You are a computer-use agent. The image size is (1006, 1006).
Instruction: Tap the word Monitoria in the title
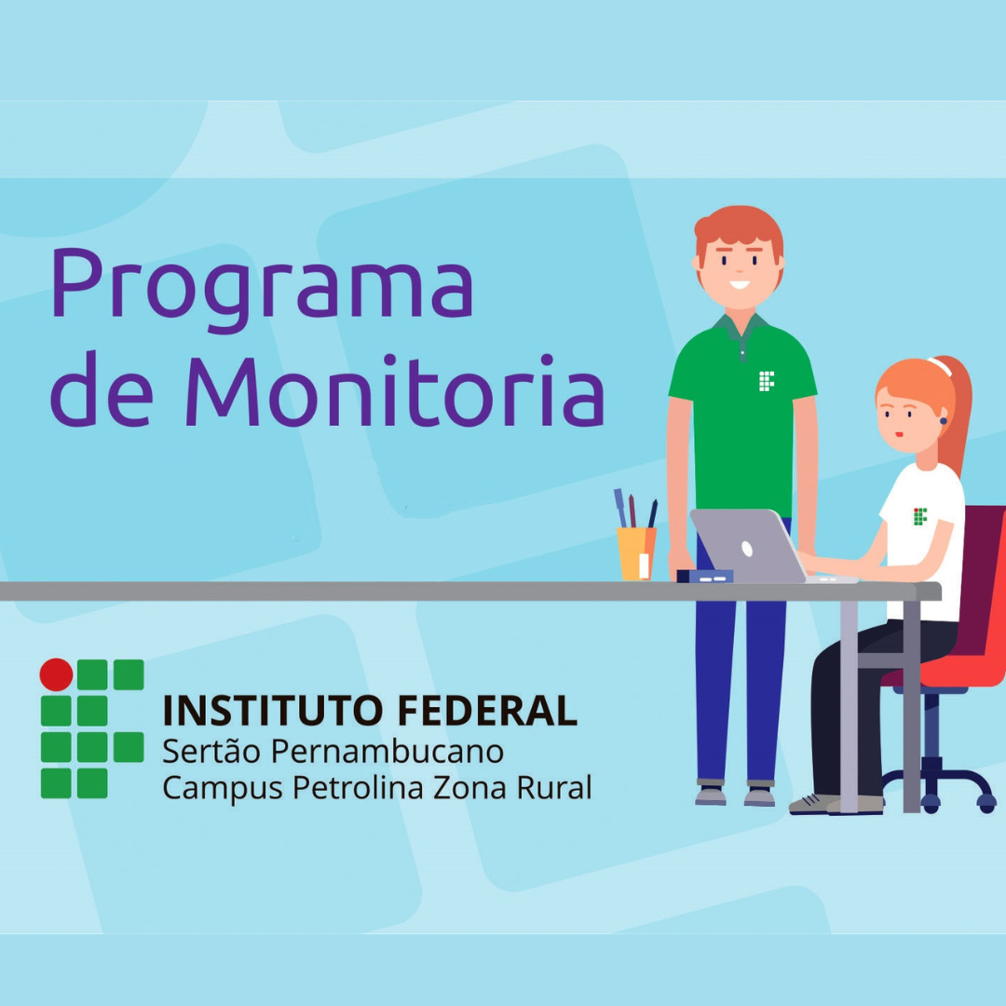(x=395, y=389)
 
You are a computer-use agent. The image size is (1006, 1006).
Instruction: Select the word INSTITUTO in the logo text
(x=273, y=710)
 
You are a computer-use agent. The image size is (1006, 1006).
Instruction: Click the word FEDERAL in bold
(x=487, y=710)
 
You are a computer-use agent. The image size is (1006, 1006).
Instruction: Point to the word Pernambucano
(x=387, y=753)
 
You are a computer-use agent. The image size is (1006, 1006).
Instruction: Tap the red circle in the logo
(x=57, y=675)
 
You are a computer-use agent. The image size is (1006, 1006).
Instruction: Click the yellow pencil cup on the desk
(x=636, y=553)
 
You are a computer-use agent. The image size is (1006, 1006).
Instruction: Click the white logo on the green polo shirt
(x=767, y=381)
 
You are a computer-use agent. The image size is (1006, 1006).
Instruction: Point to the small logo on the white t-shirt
(x=920, y=516)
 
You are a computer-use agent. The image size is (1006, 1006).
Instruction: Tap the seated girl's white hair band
(x=939, y=367)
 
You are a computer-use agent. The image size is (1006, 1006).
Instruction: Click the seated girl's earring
(x=944, y=421)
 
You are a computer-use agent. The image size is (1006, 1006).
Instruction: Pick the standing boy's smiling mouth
(x=740, y=284)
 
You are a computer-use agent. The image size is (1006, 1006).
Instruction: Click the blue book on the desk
(x=705, y=577)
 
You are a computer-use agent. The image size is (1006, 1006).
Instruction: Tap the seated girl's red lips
(x=900, y=435)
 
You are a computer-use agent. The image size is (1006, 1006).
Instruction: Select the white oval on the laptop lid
(x=747, y=549)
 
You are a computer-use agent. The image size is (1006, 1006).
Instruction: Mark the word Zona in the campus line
(x=470, y=788)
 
